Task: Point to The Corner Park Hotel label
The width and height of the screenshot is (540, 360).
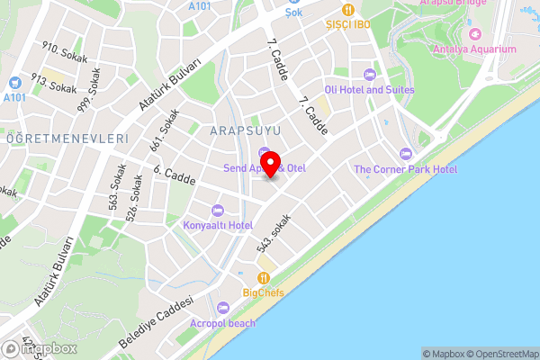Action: [405, 169]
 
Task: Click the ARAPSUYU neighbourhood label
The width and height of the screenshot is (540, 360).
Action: [246, 131]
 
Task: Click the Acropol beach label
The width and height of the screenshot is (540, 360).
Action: [222, 323]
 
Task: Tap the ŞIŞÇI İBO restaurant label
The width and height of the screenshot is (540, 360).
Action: [348, 24]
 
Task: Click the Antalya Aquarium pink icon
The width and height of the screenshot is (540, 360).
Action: [441, 49]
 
